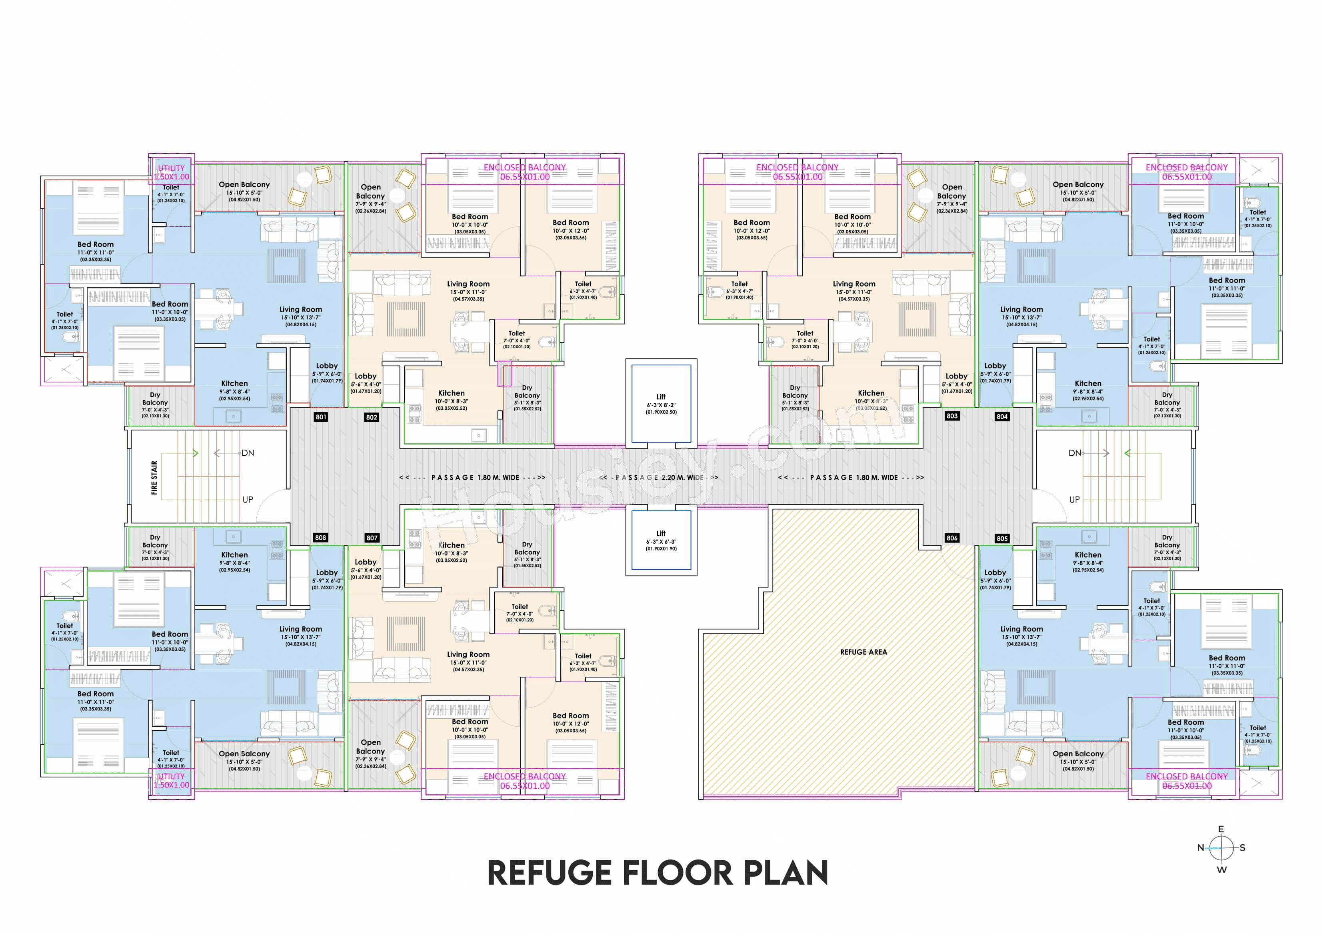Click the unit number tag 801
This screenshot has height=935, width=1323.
coord(321,417)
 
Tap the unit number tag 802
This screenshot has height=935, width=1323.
coord(372,417)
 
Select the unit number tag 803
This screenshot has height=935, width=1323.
coord(952,416)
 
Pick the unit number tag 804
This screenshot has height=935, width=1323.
coord(1002,417)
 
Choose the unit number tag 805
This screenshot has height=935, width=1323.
coord(1002,538)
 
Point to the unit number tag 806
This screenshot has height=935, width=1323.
coord(952,538)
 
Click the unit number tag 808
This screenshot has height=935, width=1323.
coord(320,538)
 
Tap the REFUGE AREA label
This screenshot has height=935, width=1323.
coord(863,652)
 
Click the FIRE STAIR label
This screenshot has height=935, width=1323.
coord(154,478)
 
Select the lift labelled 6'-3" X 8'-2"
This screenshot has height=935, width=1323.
coord(661,404)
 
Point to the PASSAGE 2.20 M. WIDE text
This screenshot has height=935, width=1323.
coord(659,478)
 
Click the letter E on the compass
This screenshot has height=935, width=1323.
coord(1221,829)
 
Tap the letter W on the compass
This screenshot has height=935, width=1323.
coord(1221,870)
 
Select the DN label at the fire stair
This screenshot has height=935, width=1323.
coord(248,453)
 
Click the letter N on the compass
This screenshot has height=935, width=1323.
coord(1201,848)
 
